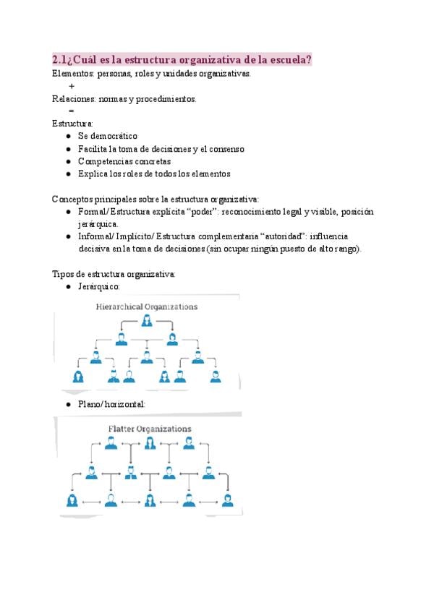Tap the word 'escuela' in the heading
(x=284, y=59)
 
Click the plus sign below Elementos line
(x=72, y=86)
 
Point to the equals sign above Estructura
(x=71, y=111)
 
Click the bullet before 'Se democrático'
(x=68, y=136)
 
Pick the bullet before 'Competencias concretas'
(x=68, y=161)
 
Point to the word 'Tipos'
(x=63, y=274)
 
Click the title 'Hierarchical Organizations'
(x=147, y=306)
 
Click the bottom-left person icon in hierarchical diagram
(x=78, y=376)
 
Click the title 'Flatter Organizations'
(x=150, y=429)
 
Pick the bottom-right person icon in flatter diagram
(x=228, y=500)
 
